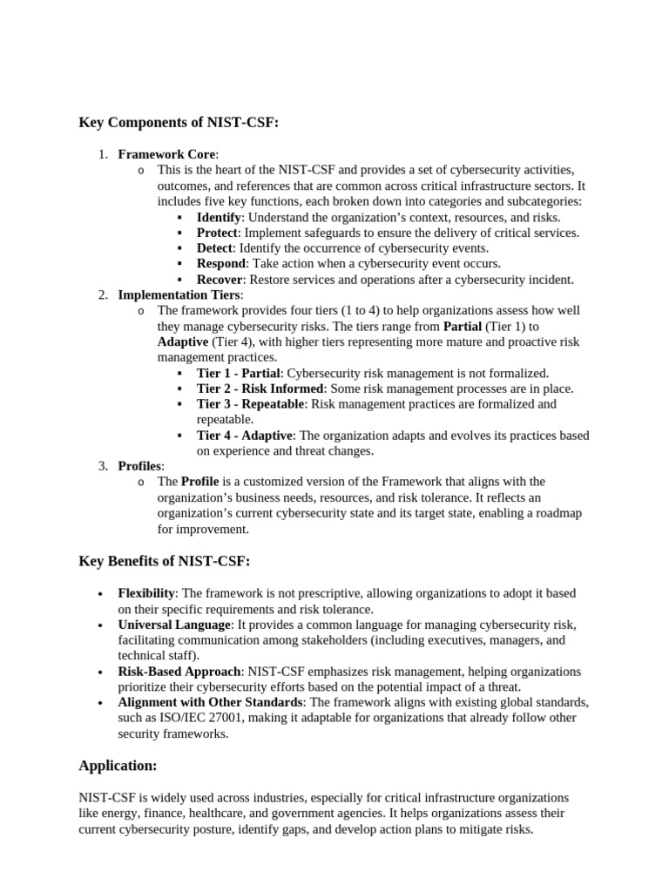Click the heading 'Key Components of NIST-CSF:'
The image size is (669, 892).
point(179,123)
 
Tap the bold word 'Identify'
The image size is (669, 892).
point(219,217)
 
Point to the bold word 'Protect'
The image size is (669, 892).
point(217,233)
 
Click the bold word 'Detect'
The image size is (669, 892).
point(214,248)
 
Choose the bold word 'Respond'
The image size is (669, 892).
point(221,264)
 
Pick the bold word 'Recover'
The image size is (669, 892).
point(220,280)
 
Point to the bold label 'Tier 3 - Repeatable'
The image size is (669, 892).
point(251,404)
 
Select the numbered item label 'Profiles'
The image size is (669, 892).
point(140,466)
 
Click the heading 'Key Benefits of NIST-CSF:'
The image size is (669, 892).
point(164,562)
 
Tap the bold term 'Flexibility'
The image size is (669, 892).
point(146,593)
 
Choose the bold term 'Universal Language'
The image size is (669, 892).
point(174,625)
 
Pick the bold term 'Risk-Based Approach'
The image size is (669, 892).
point(179,672)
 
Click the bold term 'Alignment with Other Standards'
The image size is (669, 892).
point(210,702)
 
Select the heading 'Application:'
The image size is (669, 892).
point(118,766)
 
